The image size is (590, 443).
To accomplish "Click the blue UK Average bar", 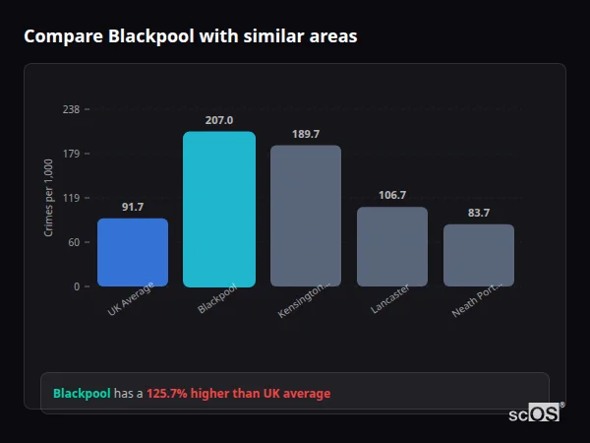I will [x=133, y=252].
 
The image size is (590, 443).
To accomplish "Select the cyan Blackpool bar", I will [x=219, y=209].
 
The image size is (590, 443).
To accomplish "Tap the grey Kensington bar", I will [x=306, y=216].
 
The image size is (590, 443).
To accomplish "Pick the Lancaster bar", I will [x=392, y=246].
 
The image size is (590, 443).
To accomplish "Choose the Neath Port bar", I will [x=479, y=255].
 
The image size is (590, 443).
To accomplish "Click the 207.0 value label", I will [x=219, y=120].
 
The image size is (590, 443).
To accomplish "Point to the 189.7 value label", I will [x=306, y=134].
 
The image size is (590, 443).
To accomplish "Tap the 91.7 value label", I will [x=133, y=207].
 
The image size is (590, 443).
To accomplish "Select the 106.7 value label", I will [x=392, y=195].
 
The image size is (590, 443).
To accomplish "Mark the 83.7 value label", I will [x=479, y=213].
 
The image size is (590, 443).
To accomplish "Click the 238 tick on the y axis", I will [x=71, y=109].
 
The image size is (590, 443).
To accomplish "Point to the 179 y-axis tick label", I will [x=71, y=154].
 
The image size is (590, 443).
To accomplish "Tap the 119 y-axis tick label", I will [x=71, y=198].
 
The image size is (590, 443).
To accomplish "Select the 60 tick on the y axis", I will [x=74, y=242].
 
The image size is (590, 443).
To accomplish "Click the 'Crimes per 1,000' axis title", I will [x=49, y=198].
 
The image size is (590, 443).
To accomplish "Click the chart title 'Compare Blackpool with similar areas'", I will [x=190, y=36].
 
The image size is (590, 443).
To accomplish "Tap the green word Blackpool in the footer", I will [x=82, y=394].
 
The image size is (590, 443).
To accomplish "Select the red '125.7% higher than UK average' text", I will [x=239, y=394].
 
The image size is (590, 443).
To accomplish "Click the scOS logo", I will [x=534, y=413].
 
